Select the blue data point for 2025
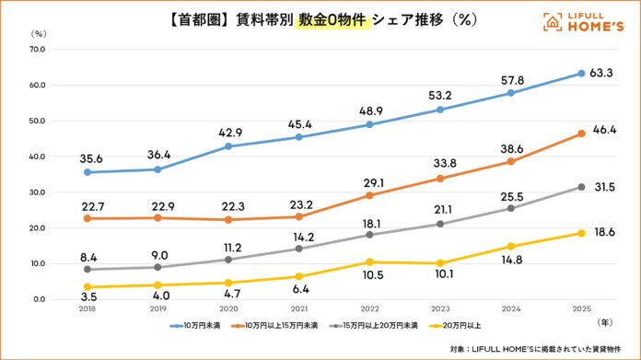click(581, 73)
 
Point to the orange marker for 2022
click(370, 195)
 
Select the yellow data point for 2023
click(440, 263)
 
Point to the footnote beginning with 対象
click(536, 349)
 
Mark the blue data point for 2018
click(87, 172)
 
